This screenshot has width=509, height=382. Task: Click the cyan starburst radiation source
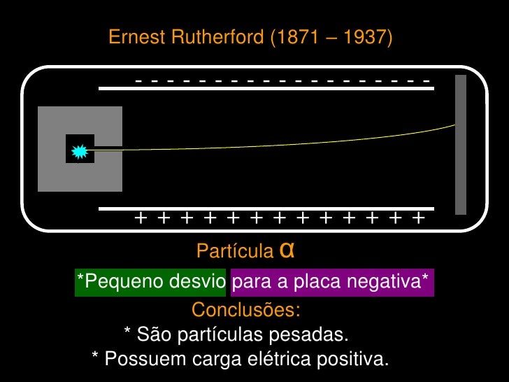pyautogui.click(x=79, y=149)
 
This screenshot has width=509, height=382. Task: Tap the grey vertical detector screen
pyautogui.click(x=461, y=144)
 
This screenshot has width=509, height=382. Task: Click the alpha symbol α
pyautogui.click(x=285, y=249)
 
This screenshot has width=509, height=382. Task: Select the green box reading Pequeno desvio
pyautogui.click(x=150, y=282)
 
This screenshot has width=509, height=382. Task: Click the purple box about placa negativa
pyautogui.click(x=332, y=282)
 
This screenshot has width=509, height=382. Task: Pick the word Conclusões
pyautogui.click(x=246, y=309)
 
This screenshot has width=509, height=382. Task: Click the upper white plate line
pyautogui.click(x=266, y=88)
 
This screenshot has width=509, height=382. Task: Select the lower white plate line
pyautogui.click(x=266, y=208)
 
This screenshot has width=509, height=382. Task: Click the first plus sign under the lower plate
pyautogui.click(x=141, y=219)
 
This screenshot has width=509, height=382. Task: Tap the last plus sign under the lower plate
pyautogui.click(x=418, y=219)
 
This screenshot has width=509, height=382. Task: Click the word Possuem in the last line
pyautogui.click(x=137, y=360)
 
